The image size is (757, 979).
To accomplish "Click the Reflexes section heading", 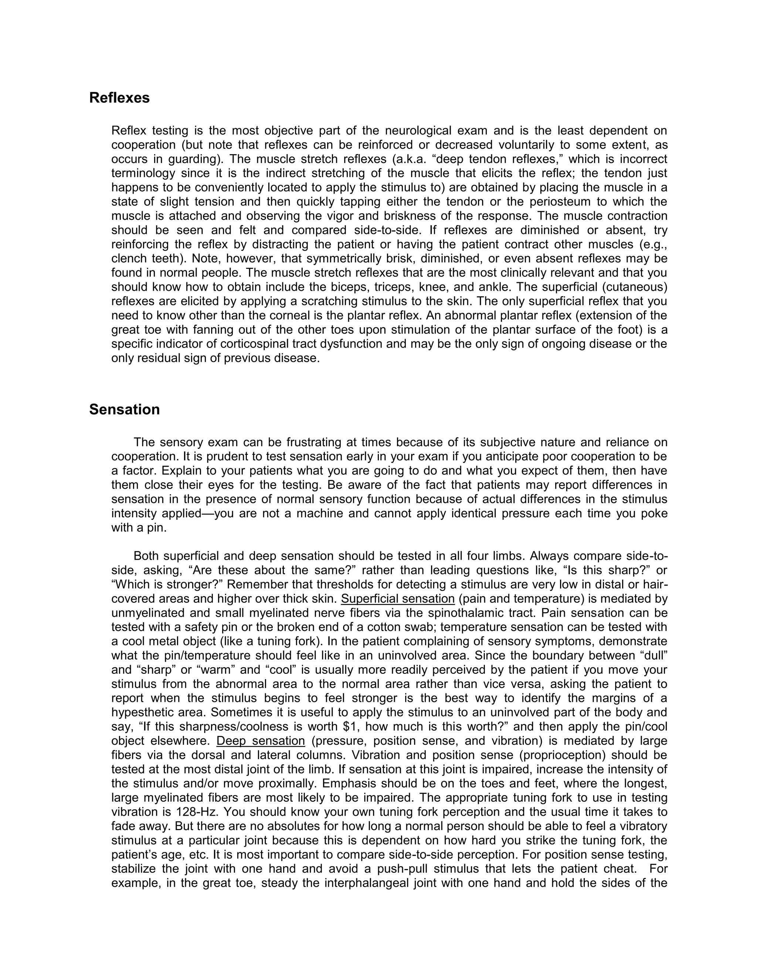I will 119,98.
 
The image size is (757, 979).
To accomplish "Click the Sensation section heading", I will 124,409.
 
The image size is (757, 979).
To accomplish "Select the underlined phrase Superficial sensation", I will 398,599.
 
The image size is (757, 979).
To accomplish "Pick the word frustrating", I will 314,443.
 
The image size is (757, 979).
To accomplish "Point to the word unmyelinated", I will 149,613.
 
